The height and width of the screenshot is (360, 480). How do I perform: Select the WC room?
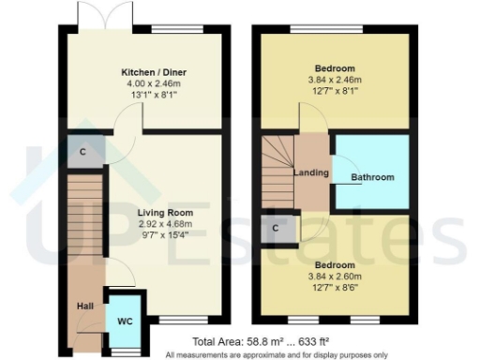click(124, 320)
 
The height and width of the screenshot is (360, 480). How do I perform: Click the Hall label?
click(83, 307)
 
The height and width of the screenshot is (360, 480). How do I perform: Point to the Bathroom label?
click(372, 177)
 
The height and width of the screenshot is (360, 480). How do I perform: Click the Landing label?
click(311, 172)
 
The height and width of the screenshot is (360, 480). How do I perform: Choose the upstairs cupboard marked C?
click(276, 227)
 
